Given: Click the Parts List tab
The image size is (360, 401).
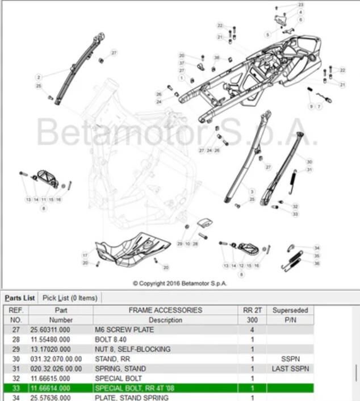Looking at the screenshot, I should click(x=20, y=298).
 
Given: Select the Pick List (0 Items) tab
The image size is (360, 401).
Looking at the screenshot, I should click(x=70, y=298).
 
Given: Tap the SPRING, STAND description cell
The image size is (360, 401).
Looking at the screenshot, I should click(x=120, y=368).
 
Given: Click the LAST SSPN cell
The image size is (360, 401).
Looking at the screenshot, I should click(x=290, y=368).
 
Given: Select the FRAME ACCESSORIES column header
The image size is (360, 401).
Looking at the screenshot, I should click(x=165, y=310).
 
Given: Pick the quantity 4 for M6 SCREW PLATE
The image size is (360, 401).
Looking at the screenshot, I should click(x=252, y=329).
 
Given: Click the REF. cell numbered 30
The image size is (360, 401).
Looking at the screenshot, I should click(x=15, y=358).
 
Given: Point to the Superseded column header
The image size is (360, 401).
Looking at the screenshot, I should click(x=290, y=310).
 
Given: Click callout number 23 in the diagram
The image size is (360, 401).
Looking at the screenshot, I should click(x=300, y=5).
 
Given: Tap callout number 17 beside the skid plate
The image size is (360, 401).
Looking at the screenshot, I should click(x=85, y=255).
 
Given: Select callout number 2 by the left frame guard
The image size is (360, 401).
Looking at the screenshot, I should click(x=38, y=77).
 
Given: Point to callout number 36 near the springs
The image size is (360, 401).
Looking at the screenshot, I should click(x=317, y=263).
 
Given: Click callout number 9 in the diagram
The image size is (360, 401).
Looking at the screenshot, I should click(x=311, y=106).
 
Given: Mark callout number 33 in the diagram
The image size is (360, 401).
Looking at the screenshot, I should click(x=295, y=214).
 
